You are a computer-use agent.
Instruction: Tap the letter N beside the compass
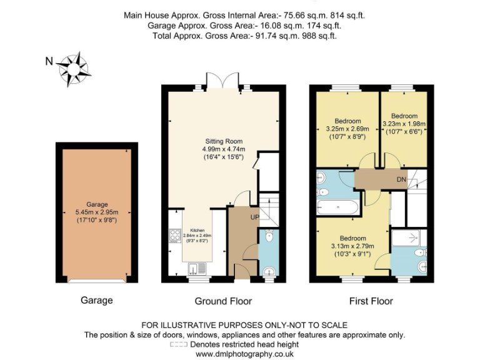(49, 61)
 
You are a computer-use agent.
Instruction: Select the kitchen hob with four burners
(174, 236)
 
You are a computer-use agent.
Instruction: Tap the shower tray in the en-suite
(407, 237)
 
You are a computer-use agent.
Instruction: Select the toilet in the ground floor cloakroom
(269, 236)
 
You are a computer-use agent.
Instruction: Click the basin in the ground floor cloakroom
(269, 271)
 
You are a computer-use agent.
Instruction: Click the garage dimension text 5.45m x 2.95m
(97, 212)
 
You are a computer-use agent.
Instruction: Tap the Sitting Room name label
(224, 141)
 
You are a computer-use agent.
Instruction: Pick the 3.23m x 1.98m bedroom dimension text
(404, 124)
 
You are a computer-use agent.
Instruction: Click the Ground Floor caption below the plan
(223, 301)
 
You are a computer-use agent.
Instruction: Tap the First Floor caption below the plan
(371, 301)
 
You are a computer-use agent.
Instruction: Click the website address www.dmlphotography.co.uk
(244, 354)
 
